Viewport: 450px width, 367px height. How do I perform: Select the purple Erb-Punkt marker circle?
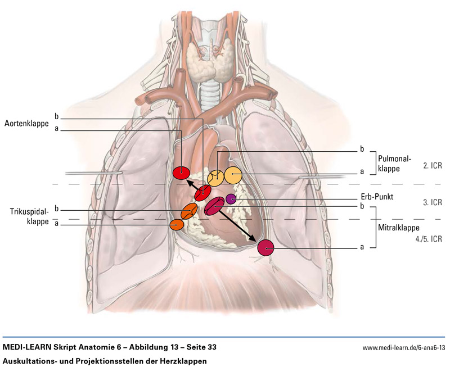click(x=231, y=198)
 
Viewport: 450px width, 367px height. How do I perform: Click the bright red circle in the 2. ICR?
click(x=181, y=173)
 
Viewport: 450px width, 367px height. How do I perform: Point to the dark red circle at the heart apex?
click(x=265, y=247)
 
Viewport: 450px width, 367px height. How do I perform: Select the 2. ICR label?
click(x=433, y=166)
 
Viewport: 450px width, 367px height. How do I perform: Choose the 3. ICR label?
click(x=433, y=202)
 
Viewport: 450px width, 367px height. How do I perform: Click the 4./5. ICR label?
click(x=429, y=238)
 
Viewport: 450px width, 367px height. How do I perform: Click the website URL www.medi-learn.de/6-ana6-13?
click(x=404, y=348)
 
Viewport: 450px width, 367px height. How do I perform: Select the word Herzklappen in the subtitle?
click(x=181, y=360)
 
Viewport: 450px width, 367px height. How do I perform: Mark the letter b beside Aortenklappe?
click(x=56, y=116)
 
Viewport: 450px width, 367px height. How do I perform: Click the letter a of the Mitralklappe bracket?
click(x=362, y=247)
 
